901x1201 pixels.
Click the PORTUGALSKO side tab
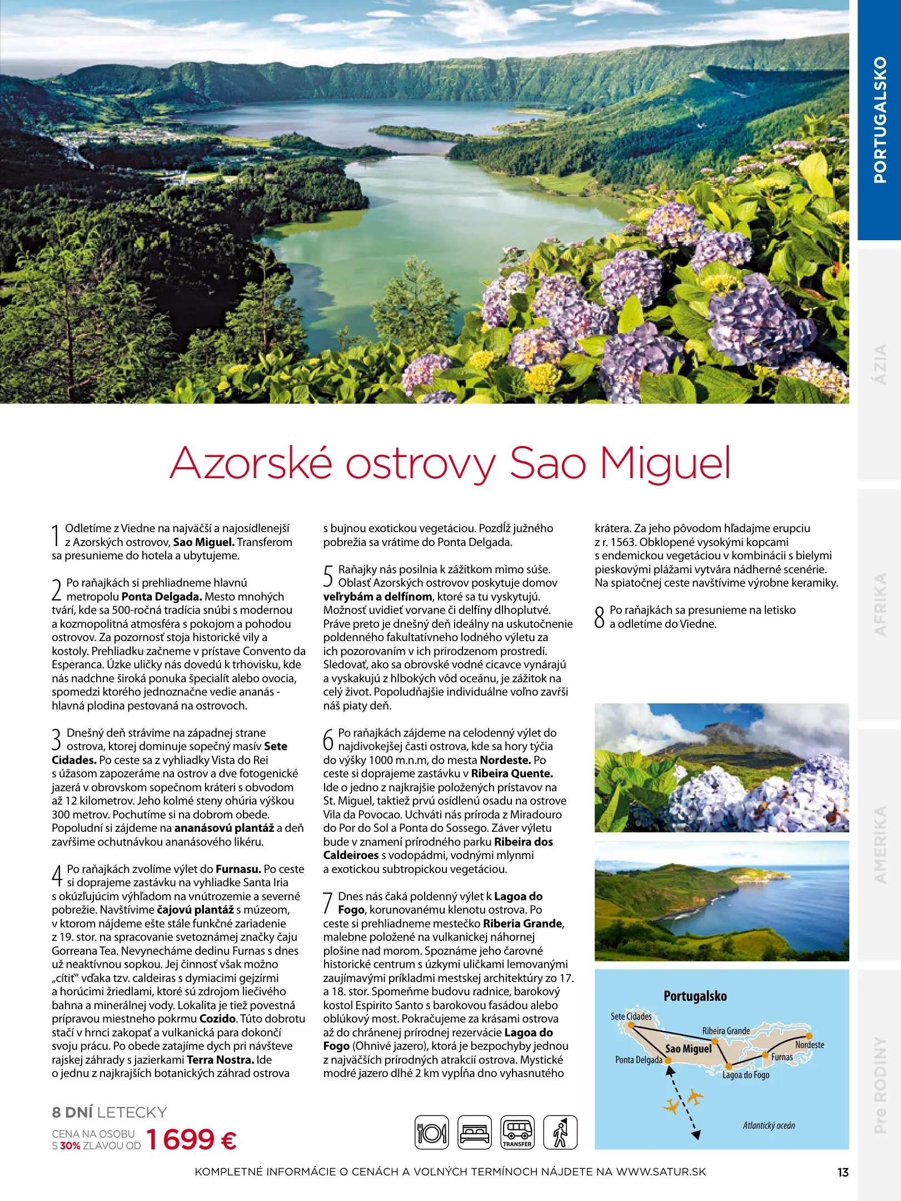point(879,120)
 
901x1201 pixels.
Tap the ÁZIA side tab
point(879,364)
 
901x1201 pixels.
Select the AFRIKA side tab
point(879,604)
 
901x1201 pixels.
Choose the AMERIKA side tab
point(879,845)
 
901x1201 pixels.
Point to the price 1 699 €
point(191,1139)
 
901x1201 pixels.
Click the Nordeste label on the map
point(809,1045)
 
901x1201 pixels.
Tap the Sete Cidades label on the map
point(631,1016)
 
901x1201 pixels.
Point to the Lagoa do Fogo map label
point(745,1075)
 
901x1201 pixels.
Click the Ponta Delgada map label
point(639,1060)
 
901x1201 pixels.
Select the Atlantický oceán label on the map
point(769,1125)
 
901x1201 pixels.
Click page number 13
point(843,1172)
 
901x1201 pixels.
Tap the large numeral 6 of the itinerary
point(328,740)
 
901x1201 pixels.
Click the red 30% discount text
point(70,1145)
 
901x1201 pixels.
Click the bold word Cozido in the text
point(218,1019)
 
